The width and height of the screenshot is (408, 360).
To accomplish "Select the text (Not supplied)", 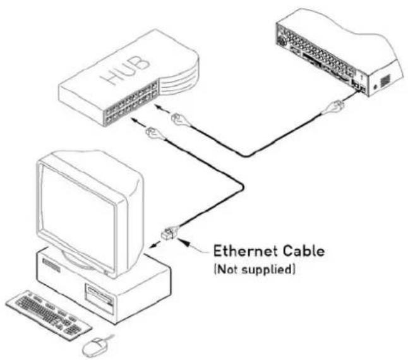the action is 255,270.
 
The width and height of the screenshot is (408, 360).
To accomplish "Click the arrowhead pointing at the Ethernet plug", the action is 185,242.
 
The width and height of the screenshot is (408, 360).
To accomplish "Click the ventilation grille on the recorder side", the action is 385,81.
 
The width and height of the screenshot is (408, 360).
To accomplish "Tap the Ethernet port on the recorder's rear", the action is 362,89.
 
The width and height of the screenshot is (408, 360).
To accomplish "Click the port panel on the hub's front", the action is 132,103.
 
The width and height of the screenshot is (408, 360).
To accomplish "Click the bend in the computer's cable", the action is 241,186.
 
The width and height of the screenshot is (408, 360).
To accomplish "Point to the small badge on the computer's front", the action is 52,265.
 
